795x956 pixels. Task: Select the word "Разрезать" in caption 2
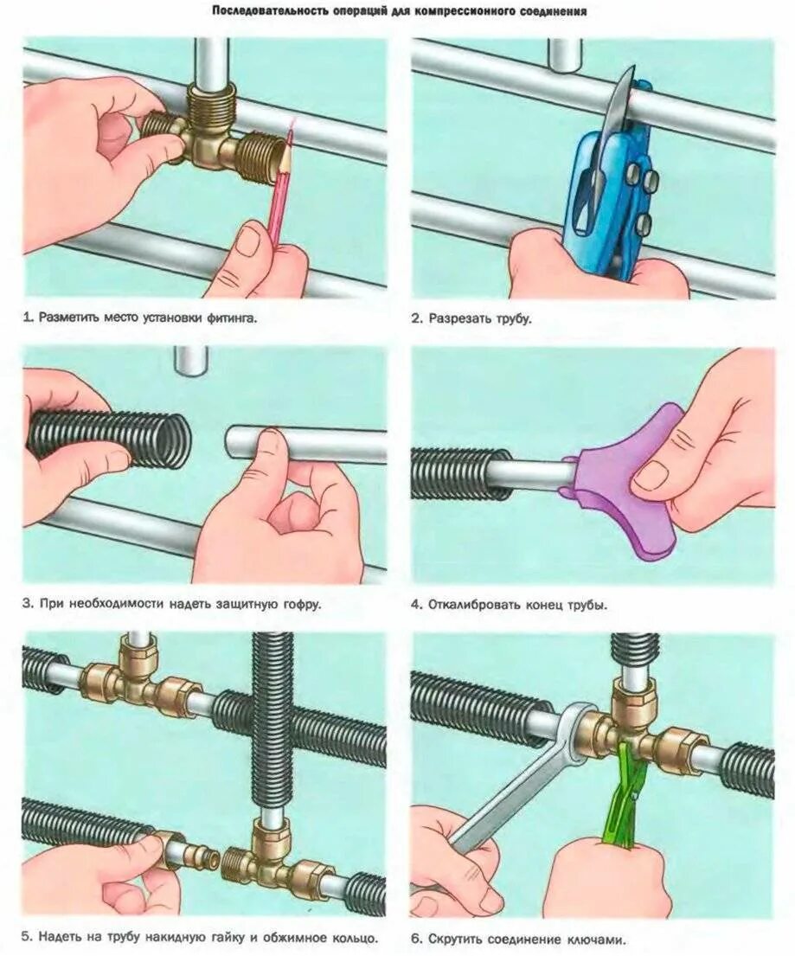pos(461,318)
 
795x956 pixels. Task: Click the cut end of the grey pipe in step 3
pos(233,443)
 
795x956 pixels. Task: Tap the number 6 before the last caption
pos(416,938)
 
